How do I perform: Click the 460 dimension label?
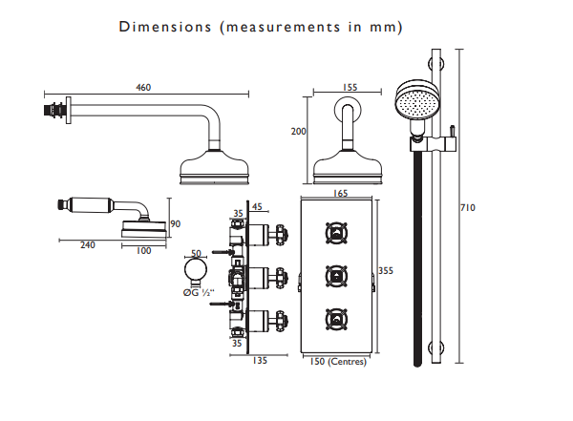click(x=143, y=87)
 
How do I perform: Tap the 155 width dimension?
click(x=350, y=87)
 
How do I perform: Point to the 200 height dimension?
click(x=298, y=131)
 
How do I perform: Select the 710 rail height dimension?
click(x=468, y=207)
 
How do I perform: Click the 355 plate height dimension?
click(x=386, y=271)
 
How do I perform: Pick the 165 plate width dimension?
click(x=340, y=194)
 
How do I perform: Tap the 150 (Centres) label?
click(x=338, y=362)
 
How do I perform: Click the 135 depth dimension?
click(x=260, y=360)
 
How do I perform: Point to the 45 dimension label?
click(x=257, y=207)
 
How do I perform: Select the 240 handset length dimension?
click(x=88, y=244)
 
